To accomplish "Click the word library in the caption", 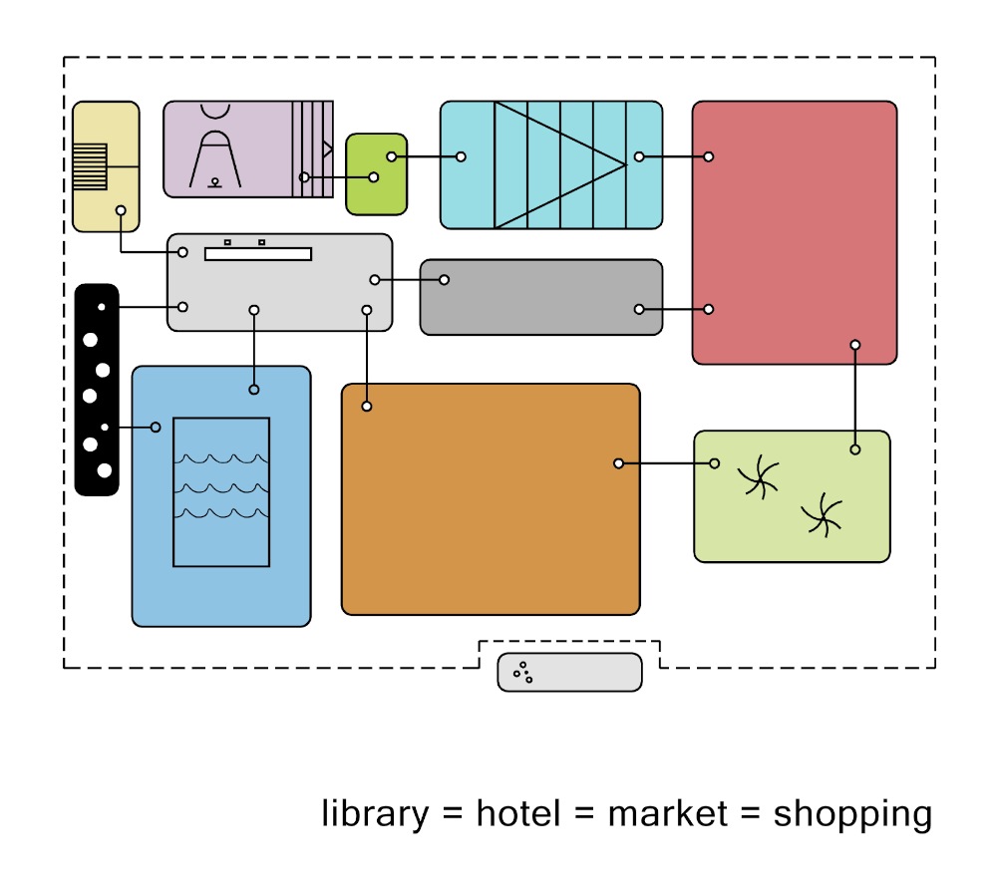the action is (x=375, y=814).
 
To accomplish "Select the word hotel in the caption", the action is (x=518, y=813).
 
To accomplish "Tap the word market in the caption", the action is (x=668, y=814).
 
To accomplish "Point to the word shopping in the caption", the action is (x=852, y=816).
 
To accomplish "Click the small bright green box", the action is (x=377, y=174).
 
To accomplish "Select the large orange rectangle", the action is (x=491, y=499).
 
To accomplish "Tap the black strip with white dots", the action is (x=97, y=390).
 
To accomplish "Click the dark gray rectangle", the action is (x=541, y=297).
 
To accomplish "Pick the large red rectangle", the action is (x=795, y=232).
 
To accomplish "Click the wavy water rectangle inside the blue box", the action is (x=221, y=491).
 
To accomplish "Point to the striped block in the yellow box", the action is (x=91, y=167).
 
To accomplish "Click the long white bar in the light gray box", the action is (x=258, y=254).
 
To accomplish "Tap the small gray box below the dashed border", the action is (x=569, y=673).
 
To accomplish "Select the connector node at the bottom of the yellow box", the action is (x=121, y=210).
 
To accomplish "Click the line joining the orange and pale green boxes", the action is (x=666, y=463).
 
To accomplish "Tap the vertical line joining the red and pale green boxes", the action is (x=855, y=397).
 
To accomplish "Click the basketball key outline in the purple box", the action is (x=215, y=158).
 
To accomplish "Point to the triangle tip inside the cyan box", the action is (x=626, y=164).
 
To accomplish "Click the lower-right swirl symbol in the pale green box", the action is (x=823, y=514).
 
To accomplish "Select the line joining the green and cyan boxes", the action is (x=426, y=156).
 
